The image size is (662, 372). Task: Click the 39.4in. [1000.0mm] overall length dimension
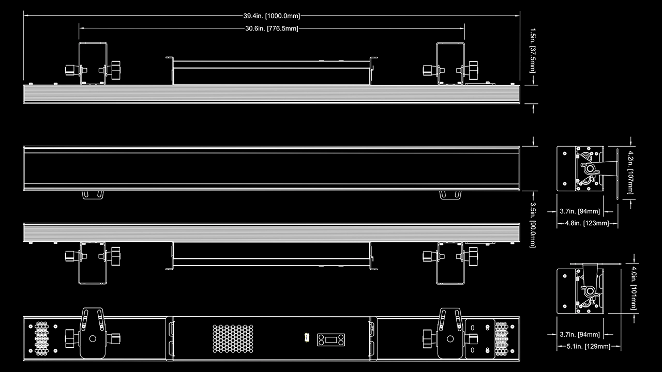(x=272, y=16)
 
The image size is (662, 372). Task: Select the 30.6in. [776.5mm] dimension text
(x=272, y=28)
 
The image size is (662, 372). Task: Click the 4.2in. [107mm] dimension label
(x=630, y=172)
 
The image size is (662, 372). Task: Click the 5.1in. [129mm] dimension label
(x=588, y=346)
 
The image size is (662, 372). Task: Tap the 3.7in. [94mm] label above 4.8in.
(x=580, y=211)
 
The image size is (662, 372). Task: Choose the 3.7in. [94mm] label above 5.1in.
(x=580, y=334)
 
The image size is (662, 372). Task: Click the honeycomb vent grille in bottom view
(x=233, y=339)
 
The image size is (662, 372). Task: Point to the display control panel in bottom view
(x=332, y=339)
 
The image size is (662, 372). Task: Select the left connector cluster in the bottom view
(x=42, y=338)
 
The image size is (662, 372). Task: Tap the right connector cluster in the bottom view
(x=501, y=338)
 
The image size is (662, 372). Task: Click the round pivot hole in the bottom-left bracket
(x=93, y=339)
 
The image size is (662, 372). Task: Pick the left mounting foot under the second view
(x=92, y=194)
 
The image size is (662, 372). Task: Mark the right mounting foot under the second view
(x=449, y=194)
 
